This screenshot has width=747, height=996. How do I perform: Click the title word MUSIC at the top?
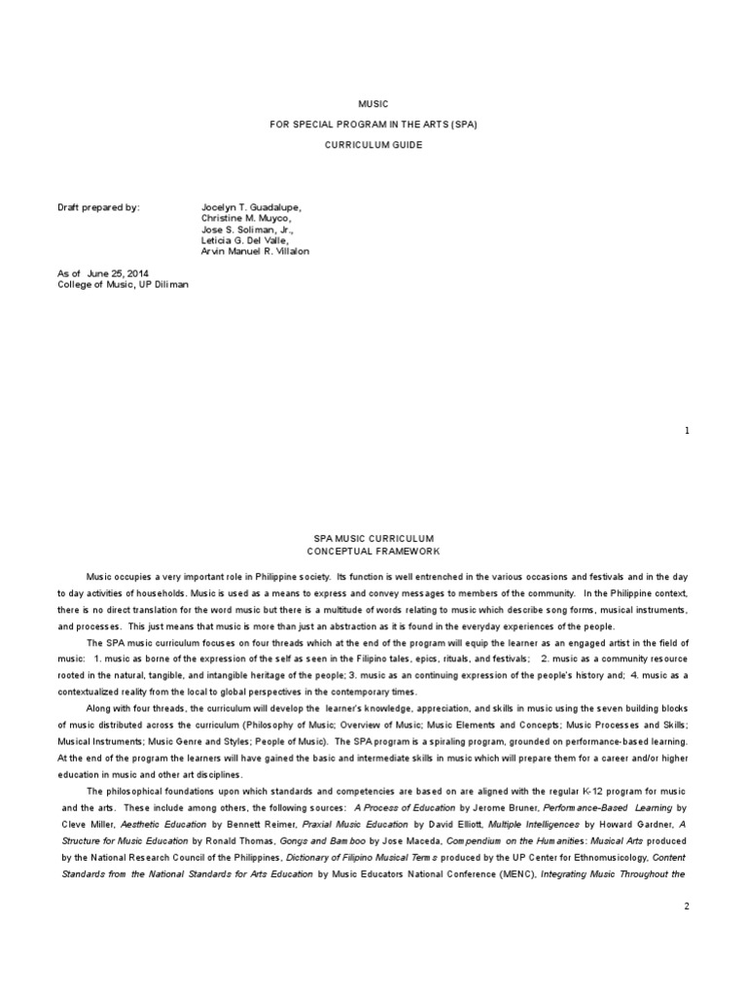(x=373, y=103)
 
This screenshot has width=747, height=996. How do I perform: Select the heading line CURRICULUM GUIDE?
(x=373, y=144)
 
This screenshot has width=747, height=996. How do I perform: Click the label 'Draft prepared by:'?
(x=98, y=208)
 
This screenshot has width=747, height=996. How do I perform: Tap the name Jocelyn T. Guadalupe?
(x=251, y=208)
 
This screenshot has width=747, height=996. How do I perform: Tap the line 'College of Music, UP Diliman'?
(x=123, y=284)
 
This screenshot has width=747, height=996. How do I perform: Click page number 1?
(x=687, y=430)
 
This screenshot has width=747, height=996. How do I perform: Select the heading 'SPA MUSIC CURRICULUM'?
(x=373, y=539)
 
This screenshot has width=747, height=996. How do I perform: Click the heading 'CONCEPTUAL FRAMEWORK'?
(x=373, y=551)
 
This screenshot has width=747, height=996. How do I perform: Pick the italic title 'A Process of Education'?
(x=405, y=807)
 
